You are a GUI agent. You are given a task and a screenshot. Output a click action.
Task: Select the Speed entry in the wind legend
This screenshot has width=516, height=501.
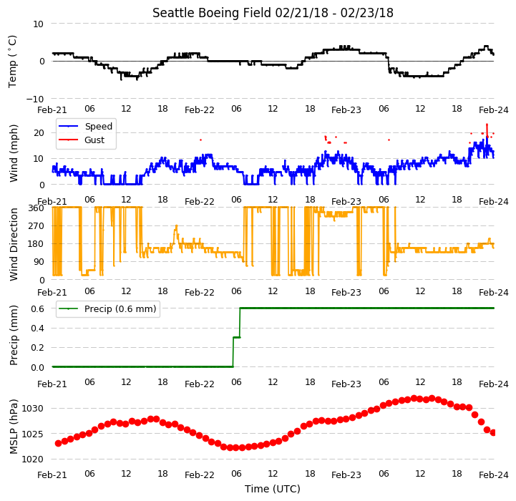[x=98, y=127]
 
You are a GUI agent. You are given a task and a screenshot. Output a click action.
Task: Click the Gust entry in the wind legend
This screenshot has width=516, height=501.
[x=94, y=140]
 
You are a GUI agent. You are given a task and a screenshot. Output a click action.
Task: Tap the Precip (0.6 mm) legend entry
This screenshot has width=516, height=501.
[x=120, y=308]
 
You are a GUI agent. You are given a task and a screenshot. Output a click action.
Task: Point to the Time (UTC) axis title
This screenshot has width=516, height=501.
[x=273, y=489]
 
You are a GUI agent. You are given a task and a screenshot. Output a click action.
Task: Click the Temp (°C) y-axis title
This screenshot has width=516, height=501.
[x=12, y=62]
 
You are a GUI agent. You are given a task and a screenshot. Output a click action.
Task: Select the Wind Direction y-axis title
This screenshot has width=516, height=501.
[x=13, y=244]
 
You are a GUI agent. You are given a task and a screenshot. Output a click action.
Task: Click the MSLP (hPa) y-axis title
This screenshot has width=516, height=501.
[x=13, y=427]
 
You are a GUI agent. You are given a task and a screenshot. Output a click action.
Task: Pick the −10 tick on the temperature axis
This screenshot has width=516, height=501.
[x=35, y=99]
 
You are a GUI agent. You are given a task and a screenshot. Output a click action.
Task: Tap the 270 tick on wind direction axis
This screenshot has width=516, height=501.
[x=36, y=226]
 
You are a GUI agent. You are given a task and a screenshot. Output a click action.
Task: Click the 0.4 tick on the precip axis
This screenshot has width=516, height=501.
[x=37, y=329]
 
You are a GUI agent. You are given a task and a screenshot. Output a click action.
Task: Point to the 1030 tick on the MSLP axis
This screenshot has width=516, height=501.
[x=33, y=409]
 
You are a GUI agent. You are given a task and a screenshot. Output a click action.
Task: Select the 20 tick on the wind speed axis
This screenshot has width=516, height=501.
[x=39, y=133]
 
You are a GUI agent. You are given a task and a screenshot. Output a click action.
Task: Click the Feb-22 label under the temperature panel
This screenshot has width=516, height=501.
[x=200, y=110]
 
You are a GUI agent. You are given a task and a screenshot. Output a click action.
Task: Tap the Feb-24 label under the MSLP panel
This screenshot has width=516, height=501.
[x=494, y=475]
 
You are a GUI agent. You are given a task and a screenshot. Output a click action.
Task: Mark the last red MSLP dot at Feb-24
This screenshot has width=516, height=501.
[x=493, y=433]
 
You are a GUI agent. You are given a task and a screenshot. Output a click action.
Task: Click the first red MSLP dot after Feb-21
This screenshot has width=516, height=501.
[x=58, y=444]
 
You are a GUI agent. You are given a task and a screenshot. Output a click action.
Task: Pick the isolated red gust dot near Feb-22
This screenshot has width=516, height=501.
[x=200, y=140]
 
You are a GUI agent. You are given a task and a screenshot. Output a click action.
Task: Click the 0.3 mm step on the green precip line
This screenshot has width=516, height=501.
[x=237, y=337]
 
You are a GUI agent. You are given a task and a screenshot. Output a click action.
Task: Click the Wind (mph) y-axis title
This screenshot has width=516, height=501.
[x=13, y=153]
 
